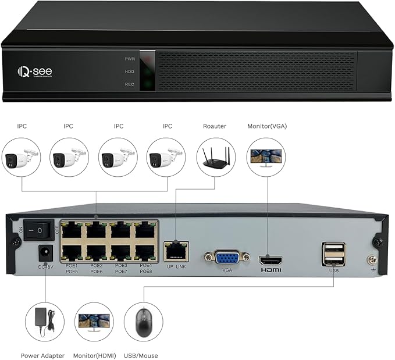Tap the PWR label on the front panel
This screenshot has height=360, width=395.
(130, 59)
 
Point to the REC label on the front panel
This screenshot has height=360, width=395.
(130, 85)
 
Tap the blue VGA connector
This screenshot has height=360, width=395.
(226, 258)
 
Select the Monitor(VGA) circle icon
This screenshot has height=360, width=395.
(266, 156)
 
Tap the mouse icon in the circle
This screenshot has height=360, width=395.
(143, 322)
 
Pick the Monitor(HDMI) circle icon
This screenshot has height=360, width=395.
(94, 322)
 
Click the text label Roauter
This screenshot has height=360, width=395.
(214, 126)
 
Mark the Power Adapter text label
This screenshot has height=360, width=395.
(43, 355)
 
